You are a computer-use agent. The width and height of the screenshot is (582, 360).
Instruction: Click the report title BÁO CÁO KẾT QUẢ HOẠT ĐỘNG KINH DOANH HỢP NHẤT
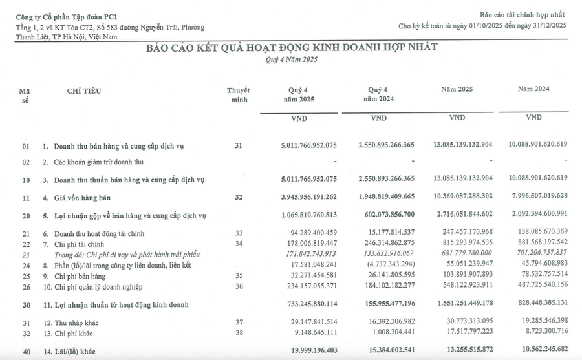tap(291, 47)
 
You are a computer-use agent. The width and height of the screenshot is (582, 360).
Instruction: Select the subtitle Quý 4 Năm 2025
tap(291, 59)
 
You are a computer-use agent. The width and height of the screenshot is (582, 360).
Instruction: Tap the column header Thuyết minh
tap(239, 95)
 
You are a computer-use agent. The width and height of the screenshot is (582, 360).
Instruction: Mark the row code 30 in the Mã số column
tap(26, 302)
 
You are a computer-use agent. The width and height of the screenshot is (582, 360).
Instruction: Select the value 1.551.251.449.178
tap(462, 302)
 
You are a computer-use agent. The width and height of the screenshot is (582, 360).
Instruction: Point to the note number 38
tap(239, 334)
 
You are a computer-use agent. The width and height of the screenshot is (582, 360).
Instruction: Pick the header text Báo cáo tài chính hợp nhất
tap(523, 14)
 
